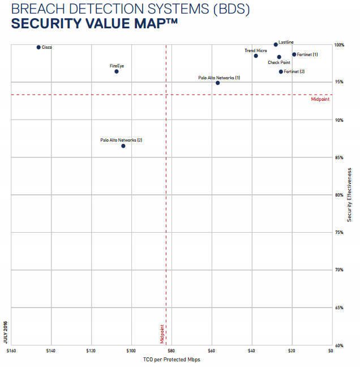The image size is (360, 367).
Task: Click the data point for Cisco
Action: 38,47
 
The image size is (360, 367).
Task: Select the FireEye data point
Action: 117,71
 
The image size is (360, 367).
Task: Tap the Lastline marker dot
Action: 276,44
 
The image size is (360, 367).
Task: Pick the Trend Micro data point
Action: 256,56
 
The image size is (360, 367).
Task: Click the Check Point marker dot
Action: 279,57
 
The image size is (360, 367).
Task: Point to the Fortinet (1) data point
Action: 294,54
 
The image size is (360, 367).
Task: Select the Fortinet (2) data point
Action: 281,71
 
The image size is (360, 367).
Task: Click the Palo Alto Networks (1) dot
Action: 217,83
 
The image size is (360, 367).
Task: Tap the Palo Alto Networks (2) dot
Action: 123,146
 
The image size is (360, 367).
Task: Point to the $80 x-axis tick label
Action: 171,351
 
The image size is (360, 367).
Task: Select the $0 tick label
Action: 330,351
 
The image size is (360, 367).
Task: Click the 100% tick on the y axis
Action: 340,45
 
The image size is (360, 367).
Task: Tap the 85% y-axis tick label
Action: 340,157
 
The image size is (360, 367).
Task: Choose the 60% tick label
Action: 340,345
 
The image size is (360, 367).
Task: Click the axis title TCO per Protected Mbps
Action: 172,360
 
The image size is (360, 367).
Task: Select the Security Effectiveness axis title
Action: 349,193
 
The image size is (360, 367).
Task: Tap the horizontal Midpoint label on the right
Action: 320,100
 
